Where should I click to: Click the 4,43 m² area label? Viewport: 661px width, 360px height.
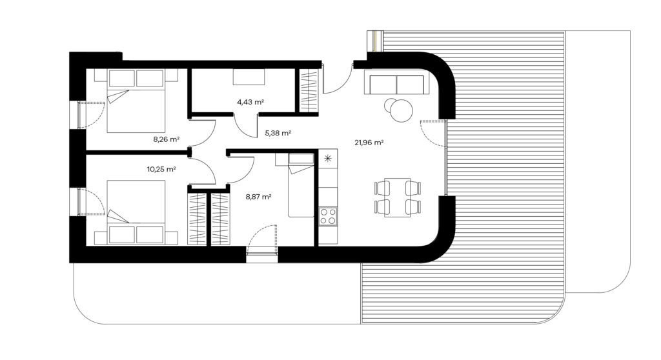pyautogui.click(x=250, y=101)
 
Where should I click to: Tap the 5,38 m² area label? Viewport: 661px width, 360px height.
pyautogui.click(x=278, y=133)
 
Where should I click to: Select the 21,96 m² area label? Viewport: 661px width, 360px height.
pyautogui.click(x=369, y=143)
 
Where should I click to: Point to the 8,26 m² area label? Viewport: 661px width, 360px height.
pyautogui.click(x=167, y=139)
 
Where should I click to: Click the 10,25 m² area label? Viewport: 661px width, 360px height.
pyautogui.click(x=161, y=170)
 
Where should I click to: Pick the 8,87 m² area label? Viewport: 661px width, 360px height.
pyautogui.click(x=258, y=196)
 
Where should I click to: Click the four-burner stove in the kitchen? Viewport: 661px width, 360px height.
pyautogui.click(x=328, y=216)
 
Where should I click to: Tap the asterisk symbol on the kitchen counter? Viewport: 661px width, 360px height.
pyautogui.click(x=327, y=159)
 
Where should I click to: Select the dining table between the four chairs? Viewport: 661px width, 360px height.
pyautogui.click(x=397, y=197)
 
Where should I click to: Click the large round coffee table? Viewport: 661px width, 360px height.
pyautogui.click(x=402, y=110)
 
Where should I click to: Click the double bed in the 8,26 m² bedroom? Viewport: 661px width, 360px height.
pyautogui.click(x=136, y=101)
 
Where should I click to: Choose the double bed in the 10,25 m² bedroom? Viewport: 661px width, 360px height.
pyautogui.click(x=136, y=212)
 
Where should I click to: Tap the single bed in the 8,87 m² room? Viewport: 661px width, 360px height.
pyautogui.click(x=301, y=185)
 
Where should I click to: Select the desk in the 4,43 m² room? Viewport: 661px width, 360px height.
pyautogui.click(x=249, y=77)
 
